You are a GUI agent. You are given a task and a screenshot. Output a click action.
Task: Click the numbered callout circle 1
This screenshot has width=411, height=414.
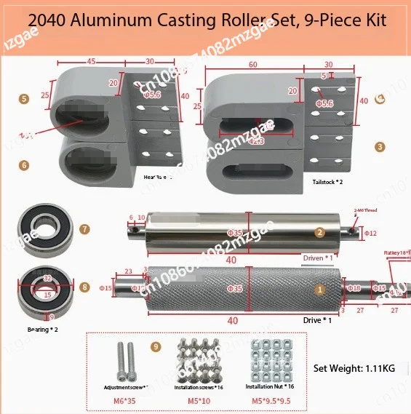click(318, 289)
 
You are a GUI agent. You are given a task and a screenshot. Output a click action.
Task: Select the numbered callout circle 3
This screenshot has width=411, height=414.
click(380, 146)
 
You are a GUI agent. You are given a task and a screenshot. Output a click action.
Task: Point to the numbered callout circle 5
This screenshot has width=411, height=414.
click(24, 97)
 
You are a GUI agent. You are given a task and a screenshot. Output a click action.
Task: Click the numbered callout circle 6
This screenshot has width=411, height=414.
click(24, 165)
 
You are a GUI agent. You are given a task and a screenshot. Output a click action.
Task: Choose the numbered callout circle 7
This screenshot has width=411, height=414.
click(84, 229)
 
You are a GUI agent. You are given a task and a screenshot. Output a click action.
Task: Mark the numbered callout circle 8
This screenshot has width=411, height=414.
click(84, 287)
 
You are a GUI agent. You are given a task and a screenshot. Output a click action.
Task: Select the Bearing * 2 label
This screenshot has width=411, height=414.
click(40, 330)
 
